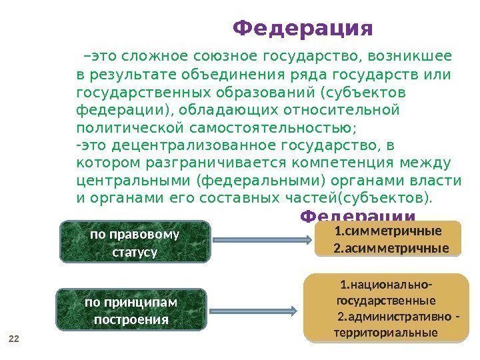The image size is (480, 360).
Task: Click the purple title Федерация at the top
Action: coord(303,29)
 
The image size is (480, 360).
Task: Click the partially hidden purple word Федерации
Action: coord(358,216)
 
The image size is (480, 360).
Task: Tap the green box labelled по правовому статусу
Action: coord(135,243)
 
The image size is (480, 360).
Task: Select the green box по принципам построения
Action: coord(131,311)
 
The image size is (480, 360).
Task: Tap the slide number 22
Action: coord(13,339)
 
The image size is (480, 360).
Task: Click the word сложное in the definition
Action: coord(158,55)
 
